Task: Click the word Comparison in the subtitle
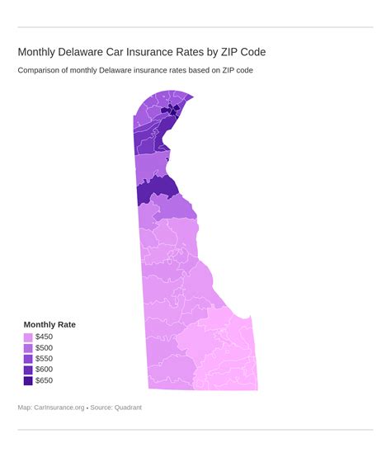tap(42, 70)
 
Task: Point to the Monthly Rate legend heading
tap(49, 324)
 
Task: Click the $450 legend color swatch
tap(28, 337)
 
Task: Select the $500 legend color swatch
tap(28, 348)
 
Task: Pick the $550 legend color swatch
tap(28, 359)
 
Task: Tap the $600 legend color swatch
tap(28, 370)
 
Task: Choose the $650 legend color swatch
tap(28, 380)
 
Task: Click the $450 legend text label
tap(44, 337)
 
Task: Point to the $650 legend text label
tap(44, 380)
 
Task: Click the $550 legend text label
tap(44, 359)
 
